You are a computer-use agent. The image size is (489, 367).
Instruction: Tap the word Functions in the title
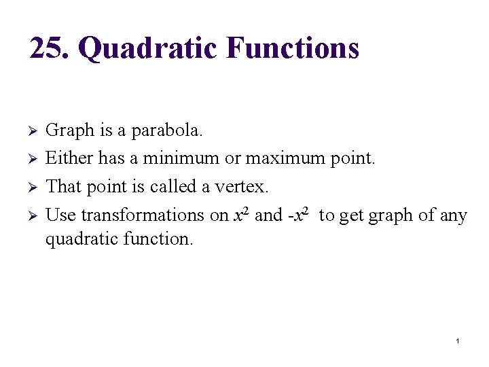293,48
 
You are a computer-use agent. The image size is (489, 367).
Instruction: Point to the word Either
69,158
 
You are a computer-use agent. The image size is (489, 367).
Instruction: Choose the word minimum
181,158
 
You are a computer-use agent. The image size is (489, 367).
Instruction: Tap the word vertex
244,186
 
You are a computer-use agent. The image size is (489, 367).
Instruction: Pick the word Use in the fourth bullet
60,215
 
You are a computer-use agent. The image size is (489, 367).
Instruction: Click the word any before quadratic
453,215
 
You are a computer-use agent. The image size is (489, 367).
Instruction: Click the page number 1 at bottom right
458,340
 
